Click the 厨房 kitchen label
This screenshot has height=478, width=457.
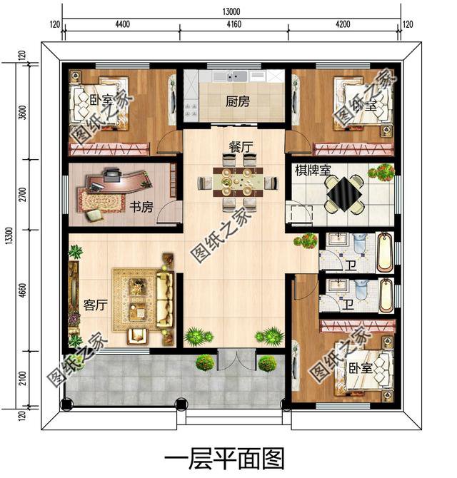tap(238, 102)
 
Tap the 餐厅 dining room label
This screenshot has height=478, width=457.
tap(241, 146)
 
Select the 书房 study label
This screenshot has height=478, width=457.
tap(141, 208)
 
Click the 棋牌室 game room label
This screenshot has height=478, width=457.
tap(311, 171)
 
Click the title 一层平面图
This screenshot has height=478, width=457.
tap(224, 457)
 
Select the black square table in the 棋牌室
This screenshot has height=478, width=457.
tap(343, 190)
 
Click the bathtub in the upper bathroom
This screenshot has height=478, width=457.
tap(384, 252)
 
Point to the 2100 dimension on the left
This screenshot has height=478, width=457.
tap(23, 381)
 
